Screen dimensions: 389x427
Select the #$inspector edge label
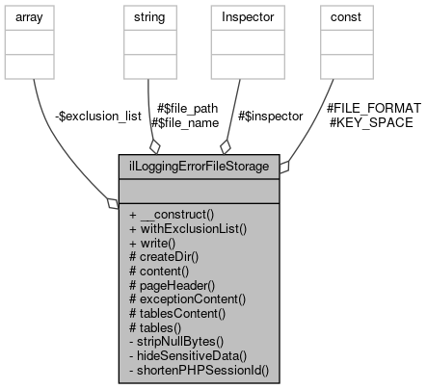point(270,116)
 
